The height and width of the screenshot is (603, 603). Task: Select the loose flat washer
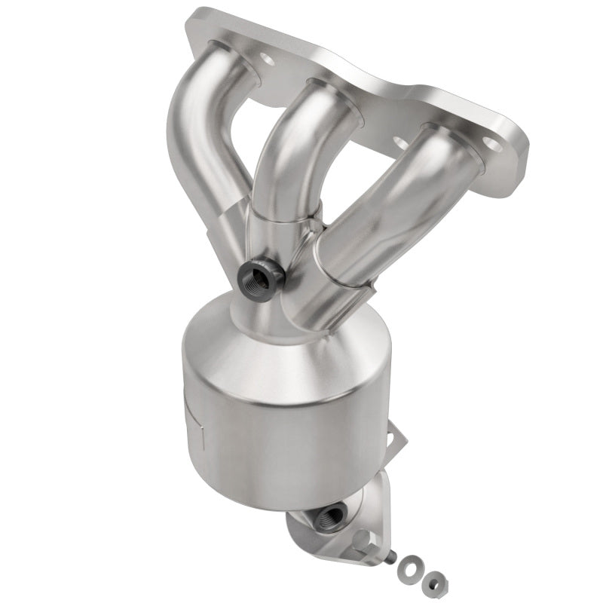pyautogui.click(x=409, y=564)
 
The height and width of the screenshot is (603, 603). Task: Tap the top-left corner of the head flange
pyautogui.click(x=194, y=14)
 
